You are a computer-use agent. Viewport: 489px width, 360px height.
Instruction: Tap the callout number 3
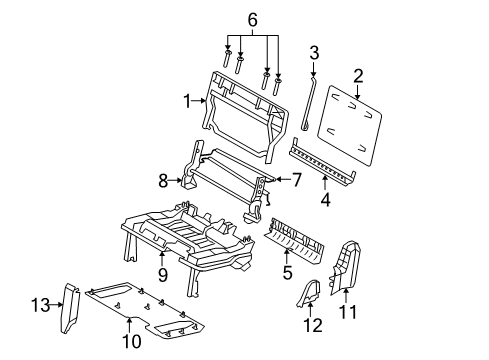tap(313, 53)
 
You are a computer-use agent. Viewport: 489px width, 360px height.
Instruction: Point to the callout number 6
tap(252, 20)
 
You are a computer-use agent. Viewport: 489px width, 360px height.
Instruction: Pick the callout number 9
tap(160, 271)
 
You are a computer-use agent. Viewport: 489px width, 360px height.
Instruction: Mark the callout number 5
tap(288, 269)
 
